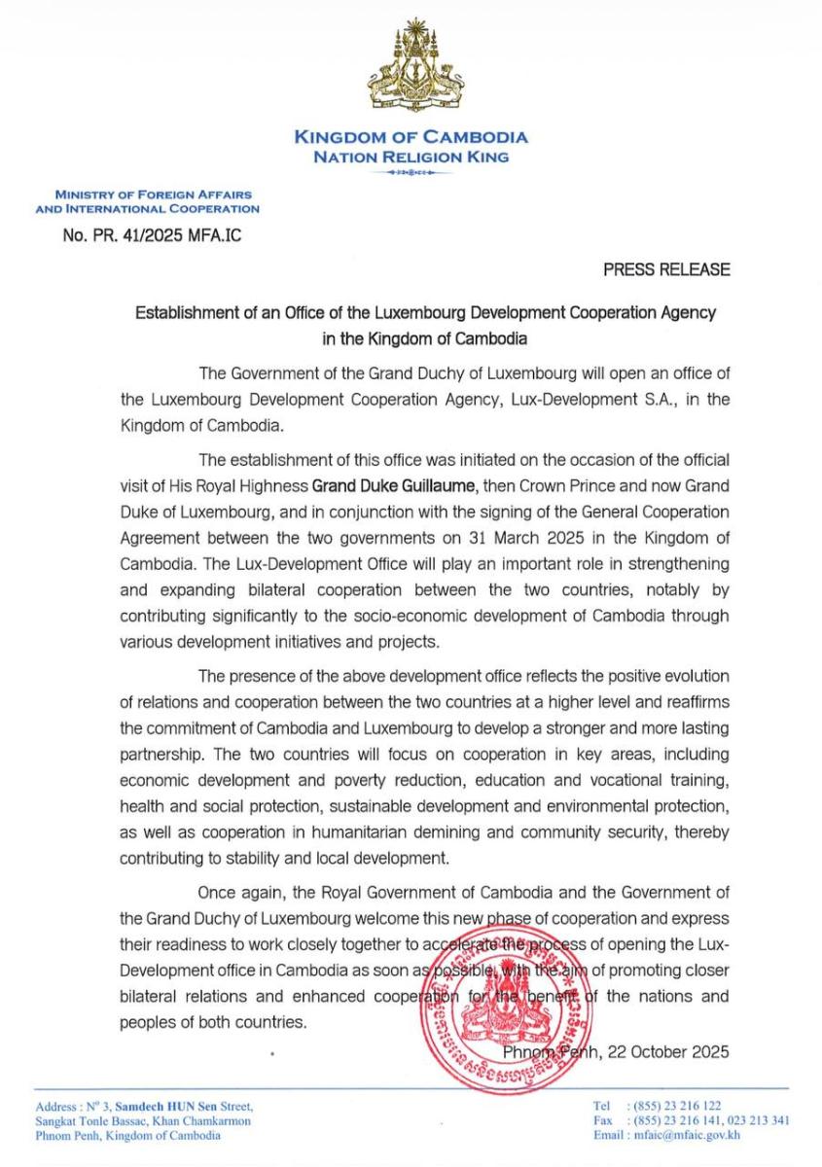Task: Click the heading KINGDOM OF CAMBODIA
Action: [x=411, y=138]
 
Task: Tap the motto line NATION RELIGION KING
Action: [x=411, y=157]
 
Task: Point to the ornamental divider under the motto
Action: [x=411, y=172]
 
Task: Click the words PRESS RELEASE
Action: [x=666, y=268]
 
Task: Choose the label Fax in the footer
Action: [x=602, y=1120]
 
